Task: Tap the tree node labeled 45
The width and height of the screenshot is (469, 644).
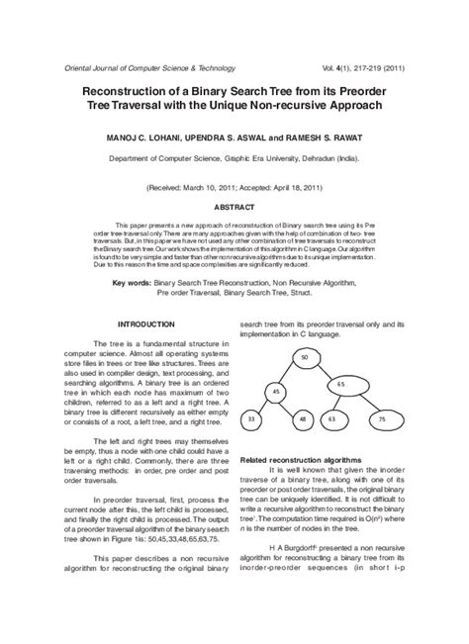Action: pos(276,393)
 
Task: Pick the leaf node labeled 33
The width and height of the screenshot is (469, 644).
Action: pos(251,420)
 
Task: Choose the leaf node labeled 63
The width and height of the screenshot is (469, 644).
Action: pos(331,420)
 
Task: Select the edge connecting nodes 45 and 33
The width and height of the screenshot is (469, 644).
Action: pos(263,407)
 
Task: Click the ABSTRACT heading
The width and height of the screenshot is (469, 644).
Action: pos(234,208)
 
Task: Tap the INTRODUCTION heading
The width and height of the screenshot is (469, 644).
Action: pos(145,323)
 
